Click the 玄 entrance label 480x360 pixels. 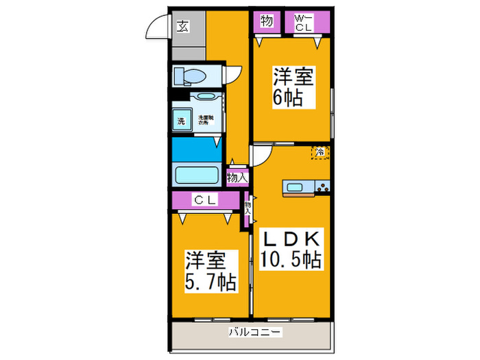pyautogui.click(x=183, y=27)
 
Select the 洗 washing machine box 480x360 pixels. pyautogui.click(x=182, y=121)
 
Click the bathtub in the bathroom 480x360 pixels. pyautogui.click(x=195, y=173)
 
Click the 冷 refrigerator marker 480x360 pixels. pyautogui.click(x=320, y=152)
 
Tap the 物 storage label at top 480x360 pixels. pyautogui.click(x=266, y=21)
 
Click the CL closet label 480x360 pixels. pyautogui.click(x=204, y=200)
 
